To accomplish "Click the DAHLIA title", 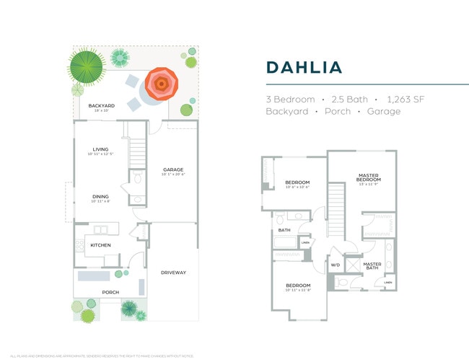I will point(304,67).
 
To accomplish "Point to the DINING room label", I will point(100,197).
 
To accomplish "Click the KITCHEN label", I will point(100,245).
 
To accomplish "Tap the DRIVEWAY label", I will point(173,272).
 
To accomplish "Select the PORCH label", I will point(110,292).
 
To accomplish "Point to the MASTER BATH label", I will point(372,265).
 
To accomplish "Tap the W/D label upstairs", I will point(335,265).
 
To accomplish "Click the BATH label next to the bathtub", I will point(284,231).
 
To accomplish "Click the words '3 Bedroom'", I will point(290,99).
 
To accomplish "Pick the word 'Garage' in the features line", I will point(384,112).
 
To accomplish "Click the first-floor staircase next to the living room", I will point(138,151).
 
